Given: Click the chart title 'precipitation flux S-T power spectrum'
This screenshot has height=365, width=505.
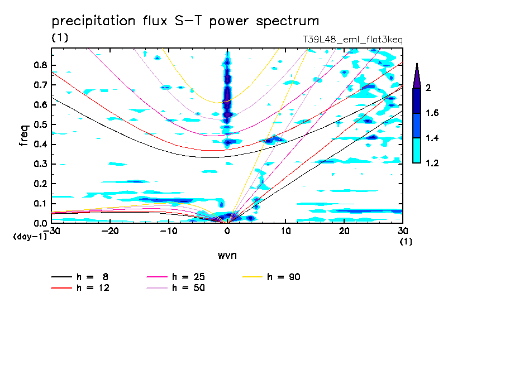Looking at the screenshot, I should coord(185,21).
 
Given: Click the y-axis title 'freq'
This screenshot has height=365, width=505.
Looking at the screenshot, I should coord(24,135).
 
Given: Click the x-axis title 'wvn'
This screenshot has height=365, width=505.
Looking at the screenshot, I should coord(227,256).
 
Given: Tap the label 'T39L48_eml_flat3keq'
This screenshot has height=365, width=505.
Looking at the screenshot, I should coord(352,40).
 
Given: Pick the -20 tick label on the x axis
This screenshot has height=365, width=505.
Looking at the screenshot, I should coord(110,231).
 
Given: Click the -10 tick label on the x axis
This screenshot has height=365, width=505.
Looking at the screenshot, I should coord(168,231).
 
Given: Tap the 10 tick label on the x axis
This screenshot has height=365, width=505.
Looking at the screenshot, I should coord(285,231).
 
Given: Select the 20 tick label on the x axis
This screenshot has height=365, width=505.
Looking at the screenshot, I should coord(344,231).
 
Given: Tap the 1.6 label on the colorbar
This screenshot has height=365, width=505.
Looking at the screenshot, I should coord(432,113).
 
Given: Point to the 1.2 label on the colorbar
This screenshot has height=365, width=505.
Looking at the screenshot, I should coord(432,163).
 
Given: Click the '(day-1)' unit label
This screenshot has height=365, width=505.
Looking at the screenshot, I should coord(30,237).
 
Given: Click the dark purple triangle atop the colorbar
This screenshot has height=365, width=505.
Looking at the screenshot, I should coord(417,76).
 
